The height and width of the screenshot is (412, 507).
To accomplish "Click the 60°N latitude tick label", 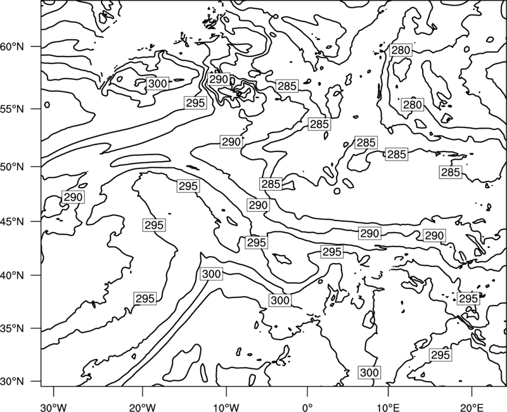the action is tap(12, 47).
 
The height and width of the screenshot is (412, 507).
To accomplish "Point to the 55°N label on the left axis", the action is tap(12, 109).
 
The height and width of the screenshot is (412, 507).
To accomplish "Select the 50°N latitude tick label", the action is tap(12, 167).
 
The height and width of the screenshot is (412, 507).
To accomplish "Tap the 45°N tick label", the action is tap(12, 221).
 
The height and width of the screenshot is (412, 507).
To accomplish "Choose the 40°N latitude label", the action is tap(12, 276).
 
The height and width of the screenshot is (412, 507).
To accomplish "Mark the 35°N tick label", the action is tap(12, 328).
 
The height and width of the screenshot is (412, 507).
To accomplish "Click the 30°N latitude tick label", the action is tap(12, 382).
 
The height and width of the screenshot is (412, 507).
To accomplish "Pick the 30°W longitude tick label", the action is tap(54, 407).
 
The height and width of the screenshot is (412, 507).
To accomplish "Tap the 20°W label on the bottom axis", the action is tap(143, 407).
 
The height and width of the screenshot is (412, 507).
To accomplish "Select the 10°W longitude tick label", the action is tap(226, 407).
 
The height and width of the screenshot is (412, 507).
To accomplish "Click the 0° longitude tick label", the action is tap(307, 407).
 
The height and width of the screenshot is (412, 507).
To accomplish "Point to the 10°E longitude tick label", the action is tap(388, 407).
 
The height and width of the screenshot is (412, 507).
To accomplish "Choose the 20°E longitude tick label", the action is tap(472, 407).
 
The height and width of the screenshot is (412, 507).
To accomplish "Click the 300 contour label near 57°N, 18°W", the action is tap(157, 84).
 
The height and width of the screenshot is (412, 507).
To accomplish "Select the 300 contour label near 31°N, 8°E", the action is tap(369, 373).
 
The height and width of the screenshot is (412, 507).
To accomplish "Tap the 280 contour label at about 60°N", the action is tap(401, 50).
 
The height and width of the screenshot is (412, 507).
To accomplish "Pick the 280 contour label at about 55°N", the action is tap(413, 105).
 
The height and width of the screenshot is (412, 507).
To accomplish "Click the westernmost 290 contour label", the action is tap(73, 197).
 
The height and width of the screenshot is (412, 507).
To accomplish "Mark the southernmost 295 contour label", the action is tap(440, 355).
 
